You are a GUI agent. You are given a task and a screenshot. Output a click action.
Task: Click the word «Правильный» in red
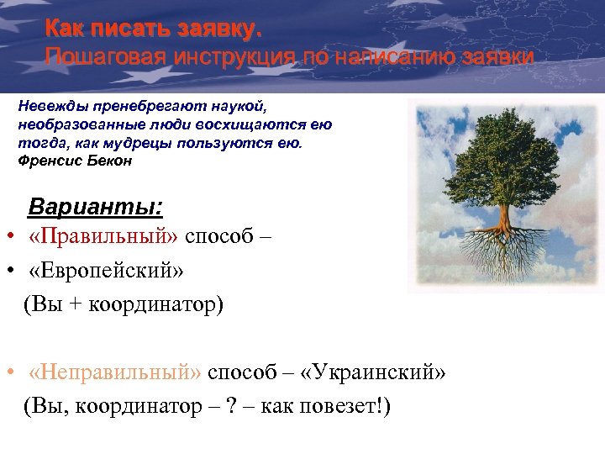click(103, 236)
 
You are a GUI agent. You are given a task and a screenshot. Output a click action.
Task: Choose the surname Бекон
click(110, 160)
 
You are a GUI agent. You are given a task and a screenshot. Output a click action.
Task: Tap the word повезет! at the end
click(345, 407)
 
